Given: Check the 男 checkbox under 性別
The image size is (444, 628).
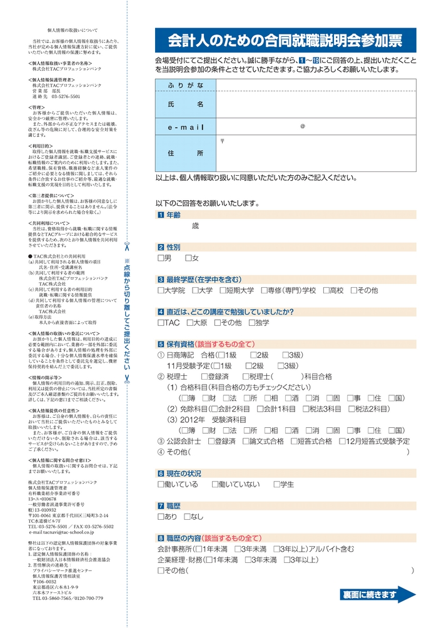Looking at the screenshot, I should pos(161,258).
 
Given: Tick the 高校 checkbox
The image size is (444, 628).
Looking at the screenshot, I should pos(326,290).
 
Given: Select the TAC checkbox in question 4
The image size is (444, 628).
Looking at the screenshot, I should pos(161,323).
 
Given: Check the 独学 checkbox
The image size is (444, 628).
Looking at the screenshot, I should pos(251,323).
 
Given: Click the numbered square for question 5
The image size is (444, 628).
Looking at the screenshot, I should pos(160,344).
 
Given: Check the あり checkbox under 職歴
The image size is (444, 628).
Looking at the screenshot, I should pos(161,517).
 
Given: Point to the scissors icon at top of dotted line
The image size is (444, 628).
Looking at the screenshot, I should pos(126,245).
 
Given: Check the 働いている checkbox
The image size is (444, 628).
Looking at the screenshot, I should pos(161,484).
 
